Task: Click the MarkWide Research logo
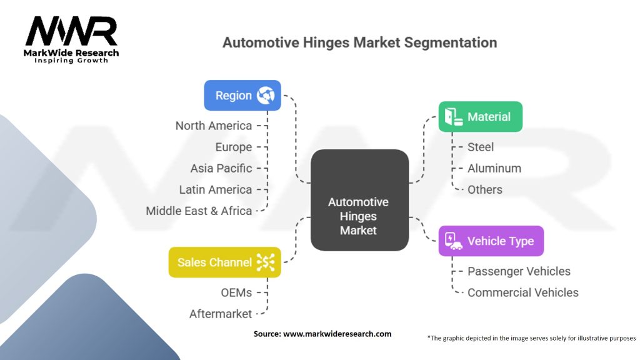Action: [x=71, y=39]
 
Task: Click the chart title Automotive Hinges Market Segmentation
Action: [x=360, y=42]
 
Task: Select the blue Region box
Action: [x=242, y=96]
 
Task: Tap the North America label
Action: [x=214, y=126]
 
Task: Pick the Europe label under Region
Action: [x=234, y=147]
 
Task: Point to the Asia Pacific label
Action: [x=221, y=168]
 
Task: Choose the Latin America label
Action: [x=216, y=189]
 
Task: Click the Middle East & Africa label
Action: [x=199, y=211]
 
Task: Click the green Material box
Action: [x=480, y=117]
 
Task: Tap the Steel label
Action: [x=481, y=147]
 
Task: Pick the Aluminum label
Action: [x=494, y=168]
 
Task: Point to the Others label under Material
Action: [x=485, y=189]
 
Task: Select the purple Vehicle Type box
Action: [x=491, y=241]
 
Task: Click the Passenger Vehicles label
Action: [x=519, y=271]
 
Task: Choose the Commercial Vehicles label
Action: [x=523, y=292]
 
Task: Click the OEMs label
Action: [x=236, y=292]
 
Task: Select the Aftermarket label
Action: [x=221, y=314]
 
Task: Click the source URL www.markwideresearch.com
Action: [x=337, y=334]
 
